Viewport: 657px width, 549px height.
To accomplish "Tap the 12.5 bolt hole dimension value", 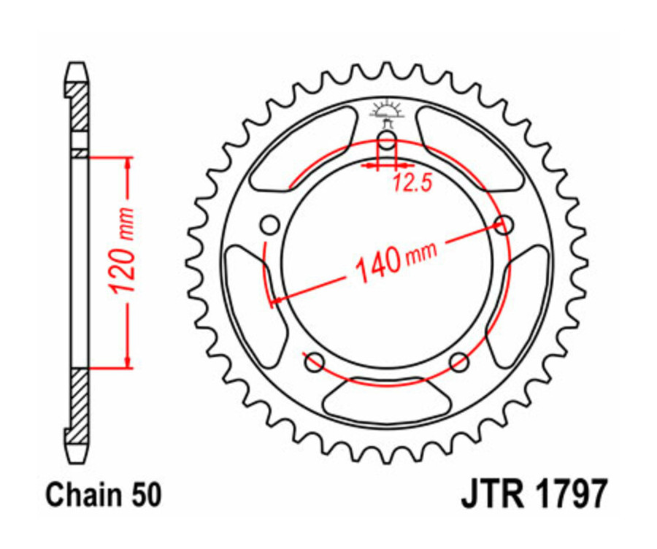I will point(410,183).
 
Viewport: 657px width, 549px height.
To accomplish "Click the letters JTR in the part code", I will point(488,494).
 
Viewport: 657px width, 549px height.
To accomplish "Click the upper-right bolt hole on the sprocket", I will point(502,224).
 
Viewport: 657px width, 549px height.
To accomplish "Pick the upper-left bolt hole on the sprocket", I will point(270,224).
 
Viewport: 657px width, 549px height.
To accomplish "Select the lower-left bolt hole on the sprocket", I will point(315,361).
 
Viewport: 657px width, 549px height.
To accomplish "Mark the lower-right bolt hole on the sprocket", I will point(458,361).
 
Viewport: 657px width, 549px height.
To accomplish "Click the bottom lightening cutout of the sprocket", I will point(387,400).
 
